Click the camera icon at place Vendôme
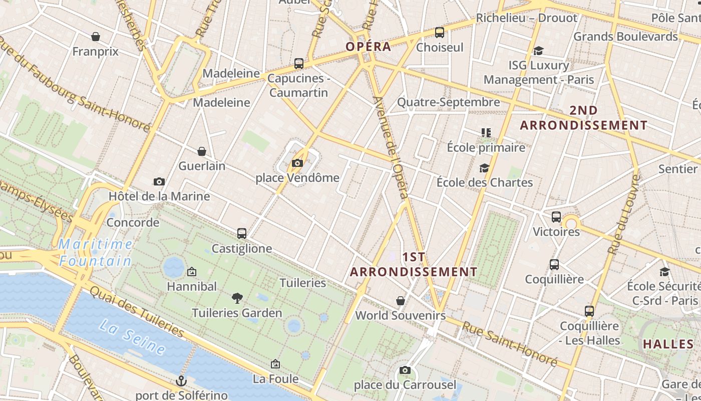click(x=297, y=163)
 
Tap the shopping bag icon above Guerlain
click(x=202, y=151)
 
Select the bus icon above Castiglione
click(x=242, y=234)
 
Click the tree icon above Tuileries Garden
click(x=237, y=298)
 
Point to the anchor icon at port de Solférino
click(x=181, y=381)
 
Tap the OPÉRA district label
click(x=369, y=47)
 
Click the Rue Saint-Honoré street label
click(x=509, y=343)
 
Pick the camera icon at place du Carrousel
click(x=405, y=370)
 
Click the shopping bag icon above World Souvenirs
click(x=401, y=301)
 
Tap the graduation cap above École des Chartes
click(x=484, y=168)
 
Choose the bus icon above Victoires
click(x=556, y=217)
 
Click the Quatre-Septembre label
click(x=448, y=102)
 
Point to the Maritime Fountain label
click(x=95, y=253)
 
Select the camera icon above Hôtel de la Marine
click(x=159, y=181)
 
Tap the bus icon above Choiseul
click(x=440, y=33)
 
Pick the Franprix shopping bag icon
click(x=96, y=37)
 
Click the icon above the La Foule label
click(x=275, y=364)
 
